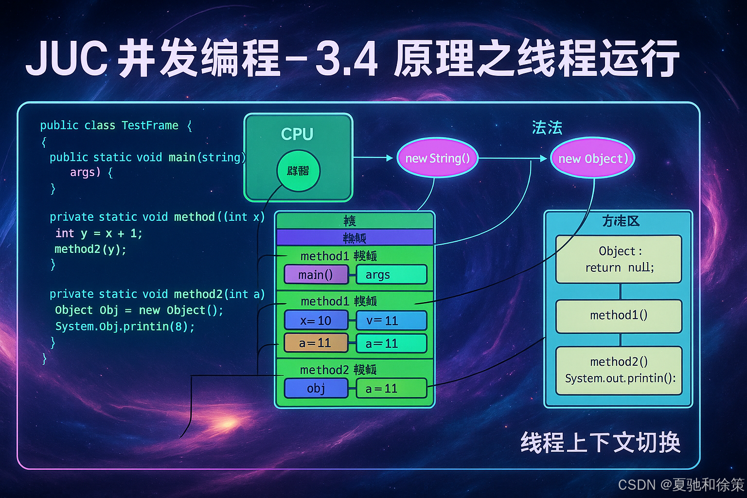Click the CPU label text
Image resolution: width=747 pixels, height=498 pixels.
pos(297,134)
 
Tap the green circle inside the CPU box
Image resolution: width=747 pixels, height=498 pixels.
pos(298,171)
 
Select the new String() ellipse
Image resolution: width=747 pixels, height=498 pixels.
pos(437,158)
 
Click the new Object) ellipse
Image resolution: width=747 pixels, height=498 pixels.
pos(592,159)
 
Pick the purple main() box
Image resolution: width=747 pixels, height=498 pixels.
pos(316,275)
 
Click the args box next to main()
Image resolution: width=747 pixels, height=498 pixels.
pos(391,275)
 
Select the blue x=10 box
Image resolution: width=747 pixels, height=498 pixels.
pos(316,320)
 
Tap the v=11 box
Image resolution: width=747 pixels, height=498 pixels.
pos(391,320)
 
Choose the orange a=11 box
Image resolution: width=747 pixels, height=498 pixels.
pos(316,343)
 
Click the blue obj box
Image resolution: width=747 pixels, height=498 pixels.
pos(316,388)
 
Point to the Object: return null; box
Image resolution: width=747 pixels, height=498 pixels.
pos(619,259)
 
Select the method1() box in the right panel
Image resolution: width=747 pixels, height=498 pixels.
pos(619,316)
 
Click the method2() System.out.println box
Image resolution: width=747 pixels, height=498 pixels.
pos(619,370)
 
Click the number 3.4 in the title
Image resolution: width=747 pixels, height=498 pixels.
pos(346,59)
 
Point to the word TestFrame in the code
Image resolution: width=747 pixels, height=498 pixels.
pos(150,125)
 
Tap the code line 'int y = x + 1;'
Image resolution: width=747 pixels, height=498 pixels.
pos(99,233)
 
